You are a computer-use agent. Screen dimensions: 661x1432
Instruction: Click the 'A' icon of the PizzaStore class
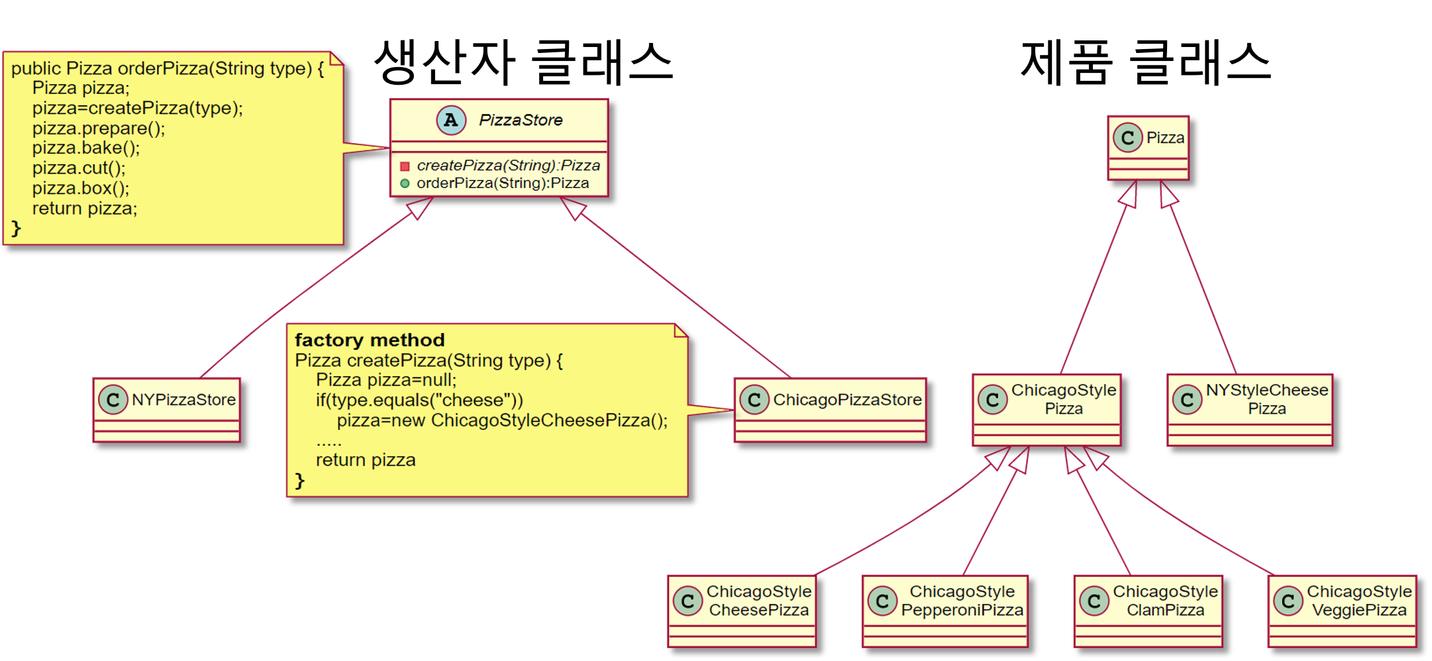(x=451, y=121)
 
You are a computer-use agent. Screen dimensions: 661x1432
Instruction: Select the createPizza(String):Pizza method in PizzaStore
(x=508, y=166)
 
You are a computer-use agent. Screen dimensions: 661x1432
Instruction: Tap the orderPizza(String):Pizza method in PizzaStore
(x=502, y=183)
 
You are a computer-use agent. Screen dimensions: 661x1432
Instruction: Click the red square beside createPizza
(x=405, y=166)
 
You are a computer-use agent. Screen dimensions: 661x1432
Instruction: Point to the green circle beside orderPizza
(x=405, y=183)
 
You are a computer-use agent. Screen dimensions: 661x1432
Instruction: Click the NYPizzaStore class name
(x=183, y=399)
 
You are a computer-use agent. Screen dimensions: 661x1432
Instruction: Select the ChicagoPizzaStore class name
(x=847, y=399)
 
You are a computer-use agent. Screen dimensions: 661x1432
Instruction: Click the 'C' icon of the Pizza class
(x=1127, y=138)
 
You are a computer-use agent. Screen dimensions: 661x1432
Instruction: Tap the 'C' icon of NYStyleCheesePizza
(x=1187, y=399)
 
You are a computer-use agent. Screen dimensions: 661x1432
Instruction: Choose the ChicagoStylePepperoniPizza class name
(x=962, y=601)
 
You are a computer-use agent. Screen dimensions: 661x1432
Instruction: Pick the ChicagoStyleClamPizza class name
(x=1165, y=601)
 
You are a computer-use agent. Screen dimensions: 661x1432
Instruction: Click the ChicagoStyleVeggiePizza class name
(x=1359, y=601)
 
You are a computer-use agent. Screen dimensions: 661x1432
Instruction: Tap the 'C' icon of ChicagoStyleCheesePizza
(x=688, y=601)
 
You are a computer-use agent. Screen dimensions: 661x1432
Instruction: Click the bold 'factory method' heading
(x=370, y=340)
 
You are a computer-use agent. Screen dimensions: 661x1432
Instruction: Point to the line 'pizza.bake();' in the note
(x=86, y=148)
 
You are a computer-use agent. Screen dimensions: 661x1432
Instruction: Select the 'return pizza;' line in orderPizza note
(x=85, y=209)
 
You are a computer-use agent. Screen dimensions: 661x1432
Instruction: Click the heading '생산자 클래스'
(x=523, y=62)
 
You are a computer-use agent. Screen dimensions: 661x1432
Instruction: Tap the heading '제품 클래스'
(x=1146, y=62)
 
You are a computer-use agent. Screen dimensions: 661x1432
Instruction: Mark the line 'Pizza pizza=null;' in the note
(x=386, y=380)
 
